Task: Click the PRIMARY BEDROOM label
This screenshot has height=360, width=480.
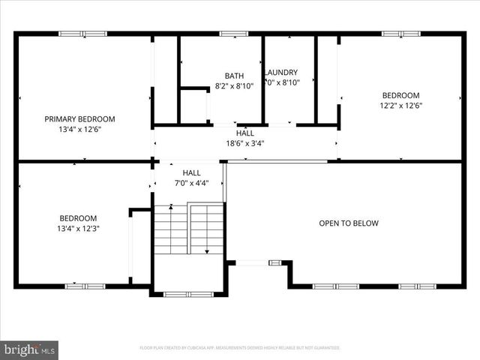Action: pyautogui.click(x=79, y=119)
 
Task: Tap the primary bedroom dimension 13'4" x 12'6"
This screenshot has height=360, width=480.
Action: pyautogui.click(x=79, y=129)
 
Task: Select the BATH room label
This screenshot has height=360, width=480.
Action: pyautogui.click(x=234, y=76)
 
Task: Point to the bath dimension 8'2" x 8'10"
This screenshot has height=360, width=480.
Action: pyautogui.click(x=234, y=85)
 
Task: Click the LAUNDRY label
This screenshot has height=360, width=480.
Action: pyautogui.click(x=282, y=73)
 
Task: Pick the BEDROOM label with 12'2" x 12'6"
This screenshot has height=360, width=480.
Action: pyautogui.click(x=400, y=95)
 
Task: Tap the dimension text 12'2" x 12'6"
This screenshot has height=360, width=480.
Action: pyautogui.click(x=400, y=105)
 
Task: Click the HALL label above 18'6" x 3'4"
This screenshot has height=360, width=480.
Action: pyautogui.click(x=244, y=133)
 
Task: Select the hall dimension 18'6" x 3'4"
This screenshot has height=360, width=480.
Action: pyautogui.click(x=244, y=143)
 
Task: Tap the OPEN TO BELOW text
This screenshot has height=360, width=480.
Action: pyautogui.click(x=349, y=223)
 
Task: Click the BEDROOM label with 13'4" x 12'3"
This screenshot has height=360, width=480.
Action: pyautogui.click(x=79, y=218)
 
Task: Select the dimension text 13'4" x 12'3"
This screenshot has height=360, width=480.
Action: pyautogui.click(x=79, y=228)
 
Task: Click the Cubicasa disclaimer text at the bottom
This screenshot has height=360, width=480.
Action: pyautogui.click(x=240, y=348)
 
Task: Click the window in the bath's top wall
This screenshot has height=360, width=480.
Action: pyautogui.click(x=233, y=33)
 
